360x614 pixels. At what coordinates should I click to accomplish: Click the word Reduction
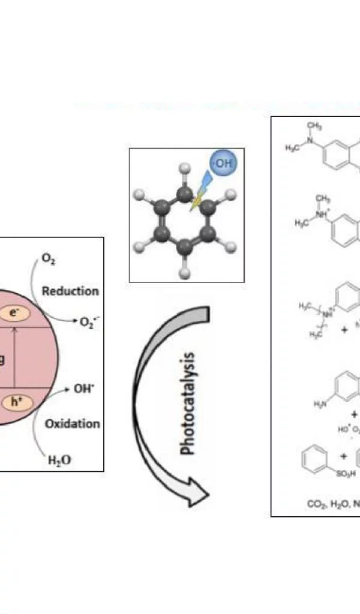pos(70,291)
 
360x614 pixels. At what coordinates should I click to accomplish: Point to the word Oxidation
pos(73,424)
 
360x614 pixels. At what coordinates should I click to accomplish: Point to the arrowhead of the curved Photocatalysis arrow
pos(198,495)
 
